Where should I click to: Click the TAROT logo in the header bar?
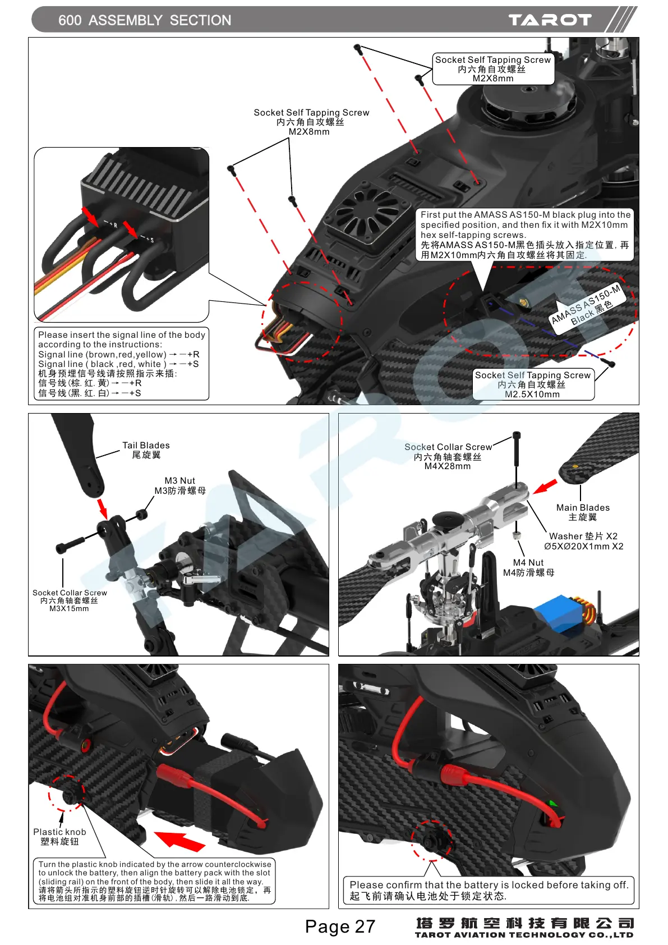(x=550, y=20)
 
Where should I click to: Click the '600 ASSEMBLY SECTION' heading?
(x=145, y=20)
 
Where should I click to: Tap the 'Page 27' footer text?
(x=340, y=926)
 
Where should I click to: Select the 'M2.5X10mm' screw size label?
(x=532, y=394)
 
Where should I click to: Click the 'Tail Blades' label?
(x=146, y=446)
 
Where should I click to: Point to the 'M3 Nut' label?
(x=179, y=481)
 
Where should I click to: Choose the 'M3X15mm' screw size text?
(x=69, y=609)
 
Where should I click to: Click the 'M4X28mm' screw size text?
(x=448, y=466)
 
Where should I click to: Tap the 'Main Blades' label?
(x=583, y=508)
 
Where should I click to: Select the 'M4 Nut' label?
(x=528, y=563)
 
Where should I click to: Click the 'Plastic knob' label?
(x=59, y=832)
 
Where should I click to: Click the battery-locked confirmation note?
(x=488, y=891)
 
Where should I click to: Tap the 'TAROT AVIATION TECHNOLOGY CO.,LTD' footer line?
(x=524, y=935)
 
